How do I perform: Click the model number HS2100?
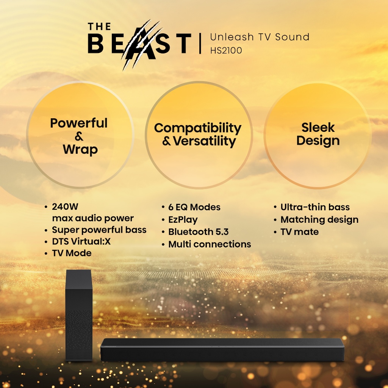click(x=226, y=50)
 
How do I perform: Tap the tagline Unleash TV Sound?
click(x=260, y=37)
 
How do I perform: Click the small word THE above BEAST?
click(x=99, y=27)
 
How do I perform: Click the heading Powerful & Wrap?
click(x=79, y=136)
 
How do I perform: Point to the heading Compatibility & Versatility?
click(x=198, y=135)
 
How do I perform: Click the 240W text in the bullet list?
click(x=65, y=207)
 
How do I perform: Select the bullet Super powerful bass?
click(x=99, y=230)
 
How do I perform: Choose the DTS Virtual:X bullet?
click(x=81, y=241)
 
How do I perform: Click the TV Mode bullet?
click(x=72, y=253)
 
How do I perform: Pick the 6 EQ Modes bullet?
click(x=194, y=207)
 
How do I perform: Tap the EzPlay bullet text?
click(x=183, y=220)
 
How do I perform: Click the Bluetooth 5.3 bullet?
click(x=198, y=232)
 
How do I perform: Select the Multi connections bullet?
click(x=210, y=244)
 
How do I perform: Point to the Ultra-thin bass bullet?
click(x=315, y=207)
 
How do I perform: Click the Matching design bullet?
click(x=319, y=220)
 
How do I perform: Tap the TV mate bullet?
click(x=299, y=232)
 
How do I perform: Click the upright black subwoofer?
click(x=79, y=316)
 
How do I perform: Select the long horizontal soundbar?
click(x=222, y=349)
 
